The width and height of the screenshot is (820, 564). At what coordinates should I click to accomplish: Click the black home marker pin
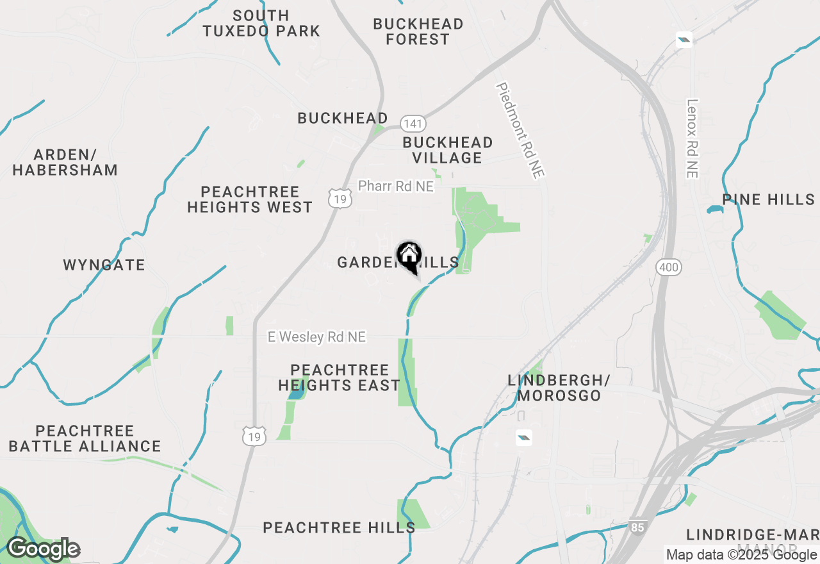click(x=409, y=257)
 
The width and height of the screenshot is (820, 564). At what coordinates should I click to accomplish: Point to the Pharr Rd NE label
click(x=395, y=186)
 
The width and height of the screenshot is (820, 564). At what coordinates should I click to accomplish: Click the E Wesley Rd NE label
click(x=316, y=336)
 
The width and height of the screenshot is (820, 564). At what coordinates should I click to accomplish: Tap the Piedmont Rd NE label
click(x=521, y=129)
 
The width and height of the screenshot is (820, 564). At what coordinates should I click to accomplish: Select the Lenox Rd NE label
click(x=692, y=138)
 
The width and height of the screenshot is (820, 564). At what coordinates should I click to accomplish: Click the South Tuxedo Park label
click(x=261, y=23)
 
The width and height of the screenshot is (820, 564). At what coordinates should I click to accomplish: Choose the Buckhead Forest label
click(x=418, y=31)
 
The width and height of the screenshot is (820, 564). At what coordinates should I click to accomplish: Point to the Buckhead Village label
click(x=448, y=150)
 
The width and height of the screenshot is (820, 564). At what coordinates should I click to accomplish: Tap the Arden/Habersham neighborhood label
click(x=65, y=162)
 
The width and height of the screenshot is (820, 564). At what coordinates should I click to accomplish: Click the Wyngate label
click(x=104, y=265)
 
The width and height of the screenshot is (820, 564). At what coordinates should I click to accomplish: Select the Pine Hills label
click(x=769, y=199)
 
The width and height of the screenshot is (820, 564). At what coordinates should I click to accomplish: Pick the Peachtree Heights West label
click(x=250, y=199)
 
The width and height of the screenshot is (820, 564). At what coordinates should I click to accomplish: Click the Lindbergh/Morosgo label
click(x=559, y=388)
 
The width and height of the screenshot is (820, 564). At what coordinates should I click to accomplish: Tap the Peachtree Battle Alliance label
click(x=85, y=438)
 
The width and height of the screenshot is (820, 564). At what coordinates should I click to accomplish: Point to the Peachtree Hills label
click(x=339, y=527)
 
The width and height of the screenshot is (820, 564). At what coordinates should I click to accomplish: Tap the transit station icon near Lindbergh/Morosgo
click(x=523, y=438)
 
